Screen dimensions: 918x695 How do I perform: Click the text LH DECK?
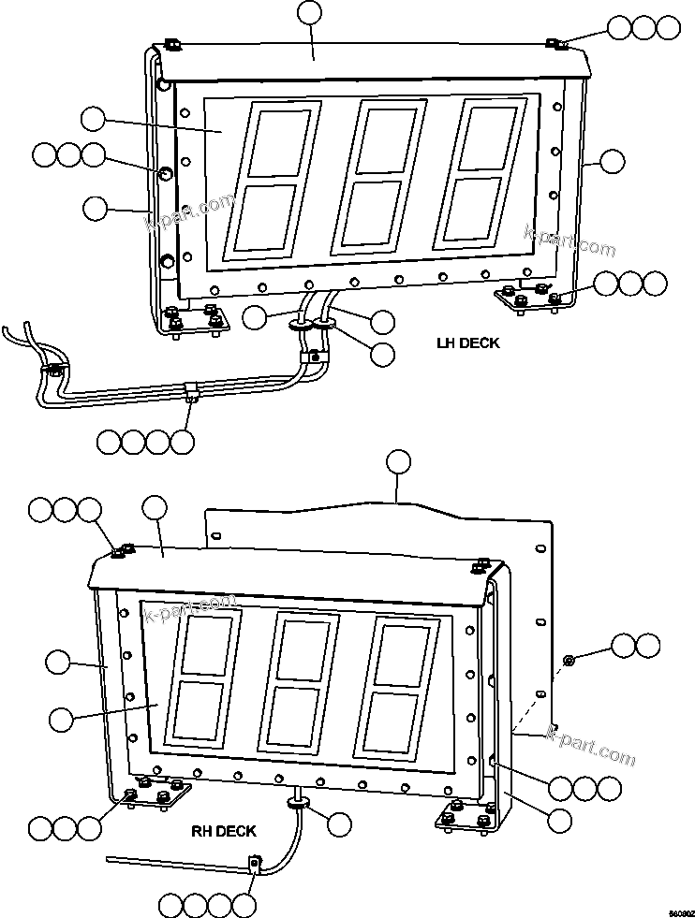tap(467, 343)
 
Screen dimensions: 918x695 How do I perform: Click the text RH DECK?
tap(224, 830)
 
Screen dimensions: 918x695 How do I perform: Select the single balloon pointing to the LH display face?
tap(94, 119)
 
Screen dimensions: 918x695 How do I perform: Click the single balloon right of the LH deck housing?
tap(612, 161)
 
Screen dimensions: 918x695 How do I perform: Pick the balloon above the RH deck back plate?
tap(399, 461)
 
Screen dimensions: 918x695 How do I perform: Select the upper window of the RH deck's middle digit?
tap(304, 647)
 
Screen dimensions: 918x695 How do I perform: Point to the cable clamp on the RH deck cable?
tap(254, 864)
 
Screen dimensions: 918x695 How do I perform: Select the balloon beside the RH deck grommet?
tap(338, 824)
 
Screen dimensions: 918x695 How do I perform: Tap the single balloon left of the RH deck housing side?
tap(58, 663)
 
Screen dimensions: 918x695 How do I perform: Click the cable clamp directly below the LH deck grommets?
tap(312, 357)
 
